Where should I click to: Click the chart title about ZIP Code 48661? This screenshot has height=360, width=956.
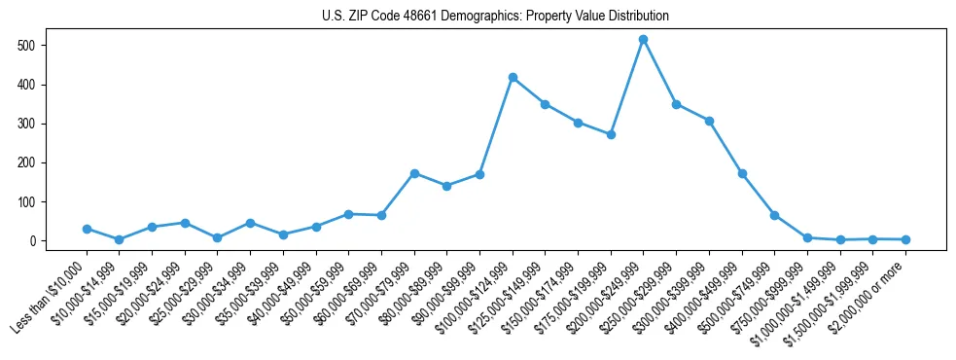[x=495, y=16]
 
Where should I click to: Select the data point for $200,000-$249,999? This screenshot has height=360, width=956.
[x=643, y=40]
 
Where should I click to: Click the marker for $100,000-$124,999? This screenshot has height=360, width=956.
[x=513, y=78]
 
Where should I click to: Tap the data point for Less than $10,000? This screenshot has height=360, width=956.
[x=87, y=229]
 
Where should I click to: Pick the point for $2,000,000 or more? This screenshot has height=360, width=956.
[x=905, y=239]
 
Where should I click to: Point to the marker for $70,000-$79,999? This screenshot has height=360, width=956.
[x=414, y=173]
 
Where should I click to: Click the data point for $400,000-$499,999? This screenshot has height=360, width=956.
[x=742, y=173]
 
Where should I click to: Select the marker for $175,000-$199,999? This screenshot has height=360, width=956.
[x=611, y=134]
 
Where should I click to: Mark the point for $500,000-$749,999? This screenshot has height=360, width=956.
[x=774, y=215]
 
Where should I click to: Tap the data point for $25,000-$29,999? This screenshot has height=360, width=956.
[x=218, y=237]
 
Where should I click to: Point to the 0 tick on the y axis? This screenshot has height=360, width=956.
[x=33, y=241]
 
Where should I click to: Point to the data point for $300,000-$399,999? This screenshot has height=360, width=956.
[x=709, y=122]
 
